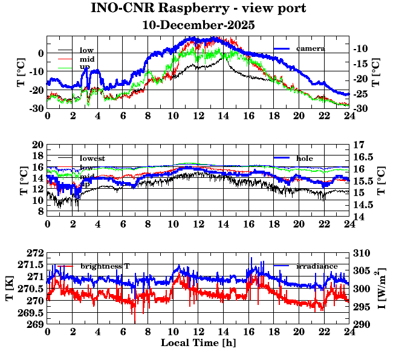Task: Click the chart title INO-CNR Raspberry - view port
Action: tap(198, 8)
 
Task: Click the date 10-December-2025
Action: tap(198, 25)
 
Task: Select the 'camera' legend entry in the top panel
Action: tap(311, 48)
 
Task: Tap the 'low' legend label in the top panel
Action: tap(86, 50)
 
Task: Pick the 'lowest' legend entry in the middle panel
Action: tap(92, 159)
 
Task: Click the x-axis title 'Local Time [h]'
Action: tap(198, 343)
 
